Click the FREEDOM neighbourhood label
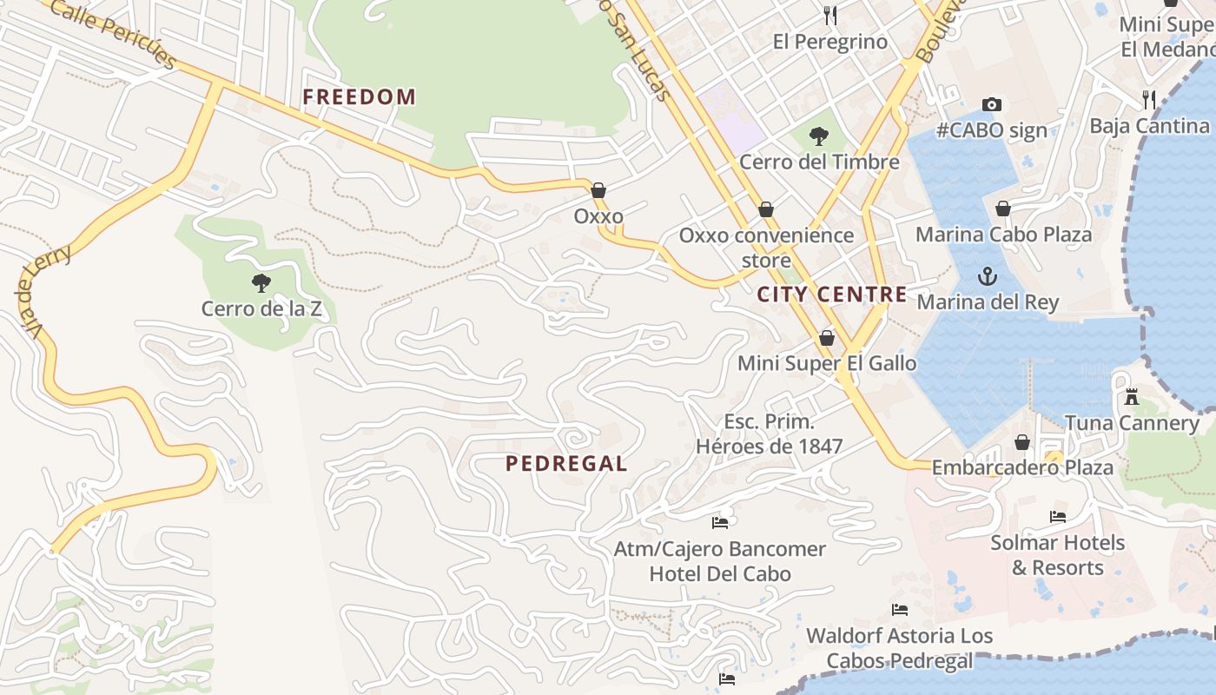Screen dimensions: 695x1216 tap(359, 96)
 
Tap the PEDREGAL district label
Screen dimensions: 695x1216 tap(566, 464)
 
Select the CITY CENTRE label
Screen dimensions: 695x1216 tap(831, 295)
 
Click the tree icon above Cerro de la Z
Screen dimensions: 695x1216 tap(261, 282)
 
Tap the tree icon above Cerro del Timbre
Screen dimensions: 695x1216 tap(818, 136)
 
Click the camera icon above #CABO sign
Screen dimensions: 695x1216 tap(991, 104)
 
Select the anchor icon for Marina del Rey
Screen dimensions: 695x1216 tap(987, 276)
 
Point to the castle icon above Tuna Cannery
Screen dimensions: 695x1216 tap(1131, 397)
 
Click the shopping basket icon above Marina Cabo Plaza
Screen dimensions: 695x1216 tap(1003, 208)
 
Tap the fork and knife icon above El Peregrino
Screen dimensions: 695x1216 tap(829, 15)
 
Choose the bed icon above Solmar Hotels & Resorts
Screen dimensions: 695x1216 tap(1057, 516)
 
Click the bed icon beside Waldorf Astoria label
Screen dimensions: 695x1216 tap(899, 610)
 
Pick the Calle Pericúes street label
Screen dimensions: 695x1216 tap(114, 34)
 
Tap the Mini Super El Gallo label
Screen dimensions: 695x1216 tap(826, 363)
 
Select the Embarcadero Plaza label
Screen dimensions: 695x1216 tap(1021, 467)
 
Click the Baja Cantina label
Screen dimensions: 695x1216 tap(1148, 126)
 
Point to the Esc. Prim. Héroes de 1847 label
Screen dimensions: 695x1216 tap(769, 434)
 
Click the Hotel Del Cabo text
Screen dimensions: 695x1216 tap(720, 573)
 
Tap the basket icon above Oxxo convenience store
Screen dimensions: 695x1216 tap(765, 209)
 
